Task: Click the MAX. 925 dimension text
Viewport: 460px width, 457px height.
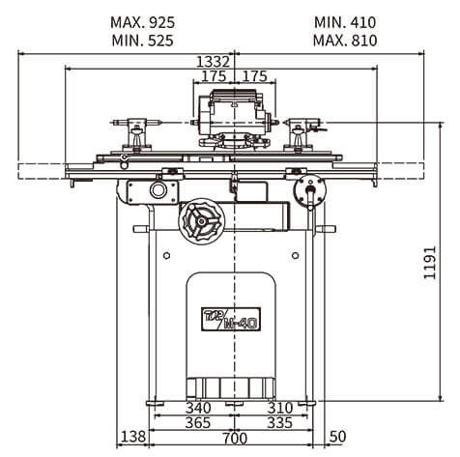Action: pyautogui.click(x=142, y=22)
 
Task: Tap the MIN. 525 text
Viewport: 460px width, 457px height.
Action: pyautogui.click(x=142, y=41)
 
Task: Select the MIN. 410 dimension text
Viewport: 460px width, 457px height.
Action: pyautogui.click(x=345, y=22)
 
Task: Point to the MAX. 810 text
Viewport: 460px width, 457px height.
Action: pyautogui.click(x=345, y=41)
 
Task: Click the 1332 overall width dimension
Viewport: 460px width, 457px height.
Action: pyautogui.click(x=213, y=61)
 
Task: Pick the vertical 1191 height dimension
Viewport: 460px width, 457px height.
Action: pyautogui.click(x=430, y=263)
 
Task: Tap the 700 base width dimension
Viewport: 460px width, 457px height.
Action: pyautogui.click(x=235, y=438)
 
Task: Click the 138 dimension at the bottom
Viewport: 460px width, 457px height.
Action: pyautogui.click(x=133, y=437)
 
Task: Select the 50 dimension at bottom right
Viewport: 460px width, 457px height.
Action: pyautogui.click(x=337, y=437)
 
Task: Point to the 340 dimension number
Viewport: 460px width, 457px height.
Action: pyautogui.click(x=198, y=408)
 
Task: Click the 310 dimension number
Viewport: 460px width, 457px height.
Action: pyautogui.click(x=280, y=408)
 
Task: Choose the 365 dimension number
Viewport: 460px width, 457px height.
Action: pyautogui.click(x=198, y=422)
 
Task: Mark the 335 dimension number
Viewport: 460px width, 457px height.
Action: pyautogui.click(x=280, y=422)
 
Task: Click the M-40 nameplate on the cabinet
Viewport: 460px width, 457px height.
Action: pyautogui.click(x=231, y=319)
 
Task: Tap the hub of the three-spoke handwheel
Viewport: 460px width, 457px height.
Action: pyautogui.click(x=201, y=221)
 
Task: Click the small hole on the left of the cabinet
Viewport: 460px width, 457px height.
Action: pyautogui.click(x=166, y=256)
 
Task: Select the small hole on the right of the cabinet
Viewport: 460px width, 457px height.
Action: pyautogui.click(x=295, y=256)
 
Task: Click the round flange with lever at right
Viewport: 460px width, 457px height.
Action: pyautogui.click(x=310, y=190)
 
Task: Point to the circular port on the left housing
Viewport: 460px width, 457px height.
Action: pyautogui.click(x=158, y=190)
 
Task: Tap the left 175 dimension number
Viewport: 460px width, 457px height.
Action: pyautogui.click(x=214, y=76)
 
